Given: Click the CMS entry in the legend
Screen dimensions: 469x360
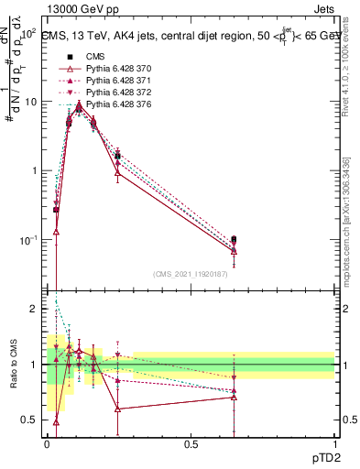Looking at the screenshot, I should pos(94,58).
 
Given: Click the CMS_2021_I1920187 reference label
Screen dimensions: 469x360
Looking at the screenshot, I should pos(191,274).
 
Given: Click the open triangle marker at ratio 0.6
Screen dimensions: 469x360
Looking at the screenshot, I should pos(117,409).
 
